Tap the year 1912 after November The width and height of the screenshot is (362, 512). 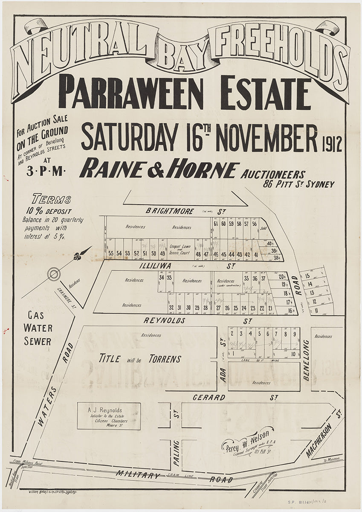coord(332,144)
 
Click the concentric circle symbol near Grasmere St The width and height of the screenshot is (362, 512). coord(54,274)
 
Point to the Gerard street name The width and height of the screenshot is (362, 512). coord(209,397)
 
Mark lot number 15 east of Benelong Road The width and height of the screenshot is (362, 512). coord(307,276)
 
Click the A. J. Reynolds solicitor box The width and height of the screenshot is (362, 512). coord(109,416)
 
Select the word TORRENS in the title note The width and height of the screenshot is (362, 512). coord(165,359)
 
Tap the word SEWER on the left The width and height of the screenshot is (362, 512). coord(38,341)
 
